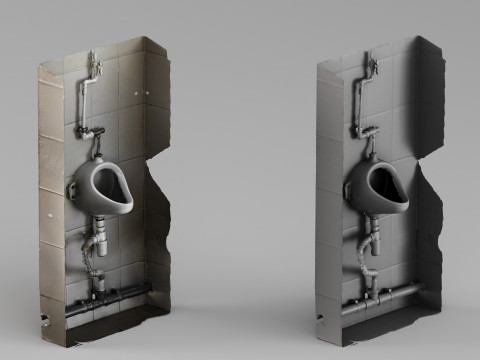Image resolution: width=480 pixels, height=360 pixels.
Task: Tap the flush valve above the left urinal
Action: [95, 133]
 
